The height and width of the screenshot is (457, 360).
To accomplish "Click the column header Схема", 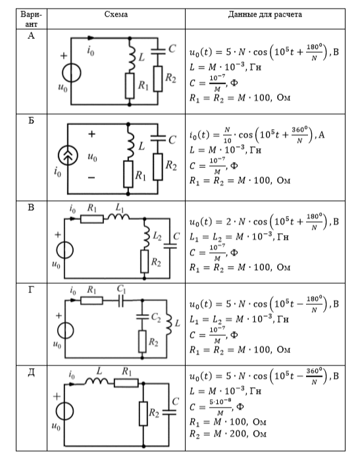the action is tap(116, 14).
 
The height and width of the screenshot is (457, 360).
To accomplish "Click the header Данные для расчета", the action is tap(265, 14).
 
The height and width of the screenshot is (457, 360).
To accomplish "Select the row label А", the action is tap(31, 36).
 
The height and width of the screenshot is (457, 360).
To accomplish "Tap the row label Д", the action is tap(31, 373).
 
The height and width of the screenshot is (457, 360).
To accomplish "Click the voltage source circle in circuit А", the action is tap(71, 73).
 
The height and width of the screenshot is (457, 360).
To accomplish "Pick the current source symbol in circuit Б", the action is tap(68, 155).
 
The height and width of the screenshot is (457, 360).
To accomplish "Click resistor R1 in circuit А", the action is tap(130, 86).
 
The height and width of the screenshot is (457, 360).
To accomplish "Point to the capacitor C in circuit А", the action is tap(158, 51).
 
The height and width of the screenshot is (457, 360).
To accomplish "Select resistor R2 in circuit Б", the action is tap(158, 167).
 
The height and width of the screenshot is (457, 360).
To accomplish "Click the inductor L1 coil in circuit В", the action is tap(118, 216).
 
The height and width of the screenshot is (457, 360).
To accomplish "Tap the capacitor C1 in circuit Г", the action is tap(121, 300).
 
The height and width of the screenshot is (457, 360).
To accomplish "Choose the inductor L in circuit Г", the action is tap(168, 323).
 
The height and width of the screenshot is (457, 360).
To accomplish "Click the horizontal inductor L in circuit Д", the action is tap(96, 381).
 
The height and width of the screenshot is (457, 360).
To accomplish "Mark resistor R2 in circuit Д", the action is tap(143, 414).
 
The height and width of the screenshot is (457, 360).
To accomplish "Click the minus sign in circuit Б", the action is tap(91, 178).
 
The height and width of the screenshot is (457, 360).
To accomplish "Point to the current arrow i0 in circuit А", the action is tap(91, 38).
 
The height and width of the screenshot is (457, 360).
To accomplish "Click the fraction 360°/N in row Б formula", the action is tap(299, 135).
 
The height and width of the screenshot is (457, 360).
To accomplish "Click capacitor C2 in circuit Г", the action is tap(143, 317).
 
